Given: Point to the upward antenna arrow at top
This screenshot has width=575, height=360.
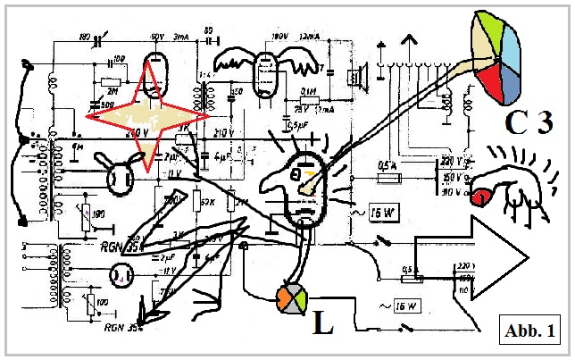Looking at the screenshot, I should click(x=408, y=42).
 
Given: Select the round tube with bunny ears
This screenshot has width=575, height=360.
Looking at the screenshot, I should click(x=118, y=176).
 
